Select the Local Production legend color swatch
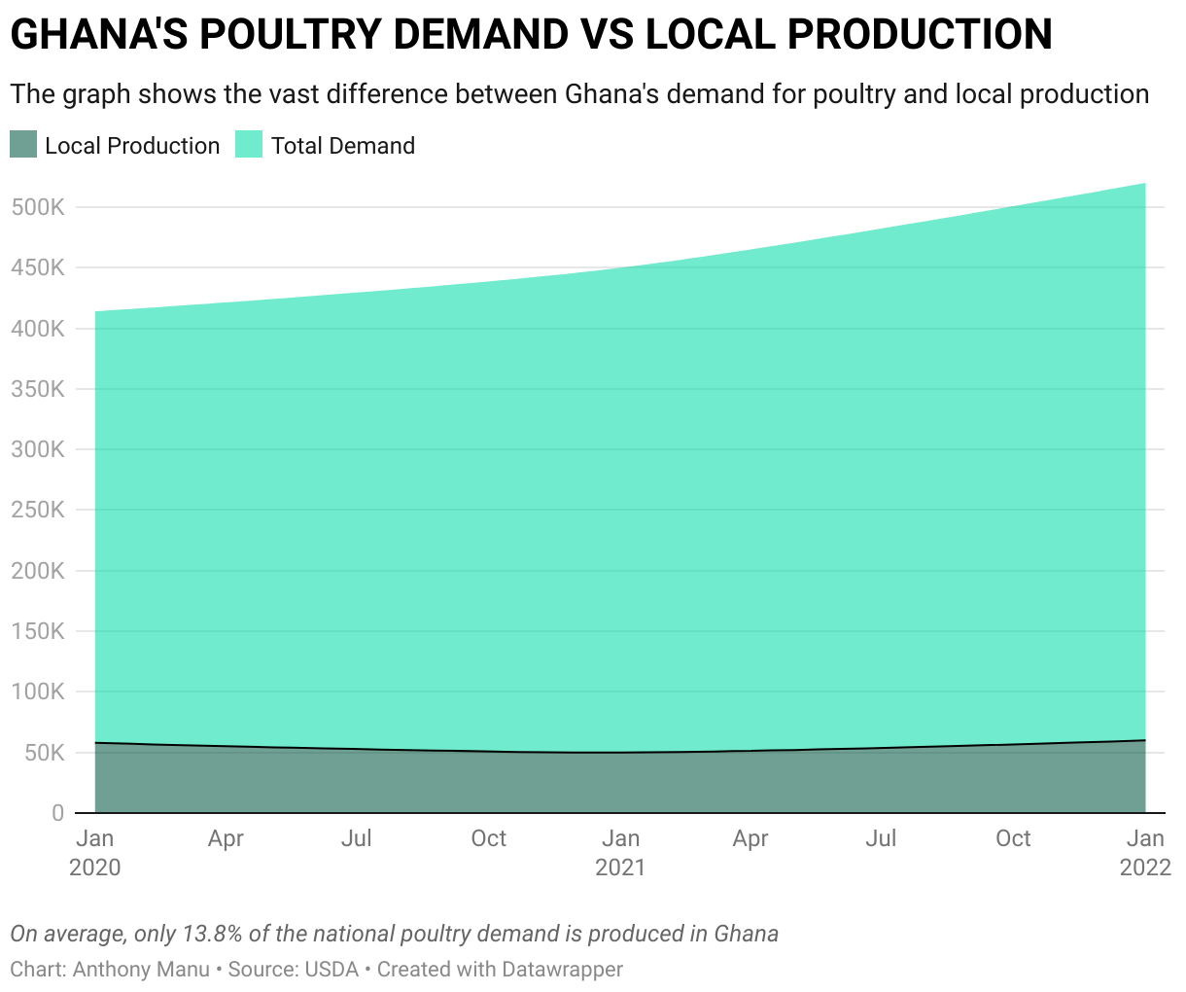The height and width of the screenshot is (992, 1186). [23, 145]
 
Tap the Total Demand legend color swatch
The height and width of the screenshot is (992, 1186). [250, 145]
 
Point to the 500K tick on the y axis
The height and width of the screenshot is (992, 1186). [37, 207]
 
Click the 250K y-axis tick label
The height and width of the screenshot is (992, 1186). [37, 511]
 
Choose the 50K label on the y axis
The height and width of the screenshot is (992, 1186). [43, 753]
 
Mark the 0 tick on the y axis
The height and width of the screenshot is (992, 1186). [57, 813]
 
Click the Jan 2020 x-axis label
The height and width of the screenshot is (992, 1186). [94, 852]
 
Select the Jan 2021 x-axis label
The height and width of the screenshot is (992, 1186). [620, 852]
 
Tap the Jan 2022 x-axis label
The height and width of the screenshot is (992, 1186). [1145, 852]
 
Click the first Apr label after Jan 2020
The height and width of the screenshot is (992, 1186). [226, 838]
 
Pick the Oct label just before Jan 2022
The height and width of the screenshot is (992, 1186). [1013, 838]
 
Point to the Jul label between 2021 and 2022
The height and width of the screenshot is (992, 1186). [881, 838]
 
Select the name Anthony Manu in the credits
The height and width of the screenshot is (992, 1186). [141, 970]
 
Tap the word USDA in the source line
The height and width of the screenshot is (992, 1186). [331, 970]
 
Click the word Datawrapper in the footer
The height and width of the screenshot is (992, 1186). [562, 970]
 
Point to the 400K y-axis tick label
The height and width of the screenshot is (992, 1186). [37, 329]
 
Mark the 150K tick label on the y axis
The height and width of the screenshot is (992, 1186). [37, 632]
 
